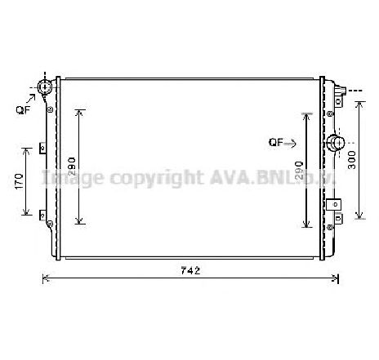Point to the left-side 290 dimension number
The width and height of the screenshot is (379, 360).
[x=72, y=167]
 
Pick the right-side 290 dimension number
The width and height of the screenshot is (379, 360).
[x=299, y=170]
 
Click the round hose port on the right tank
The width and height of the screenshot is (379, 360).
[x=335, y=144]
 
